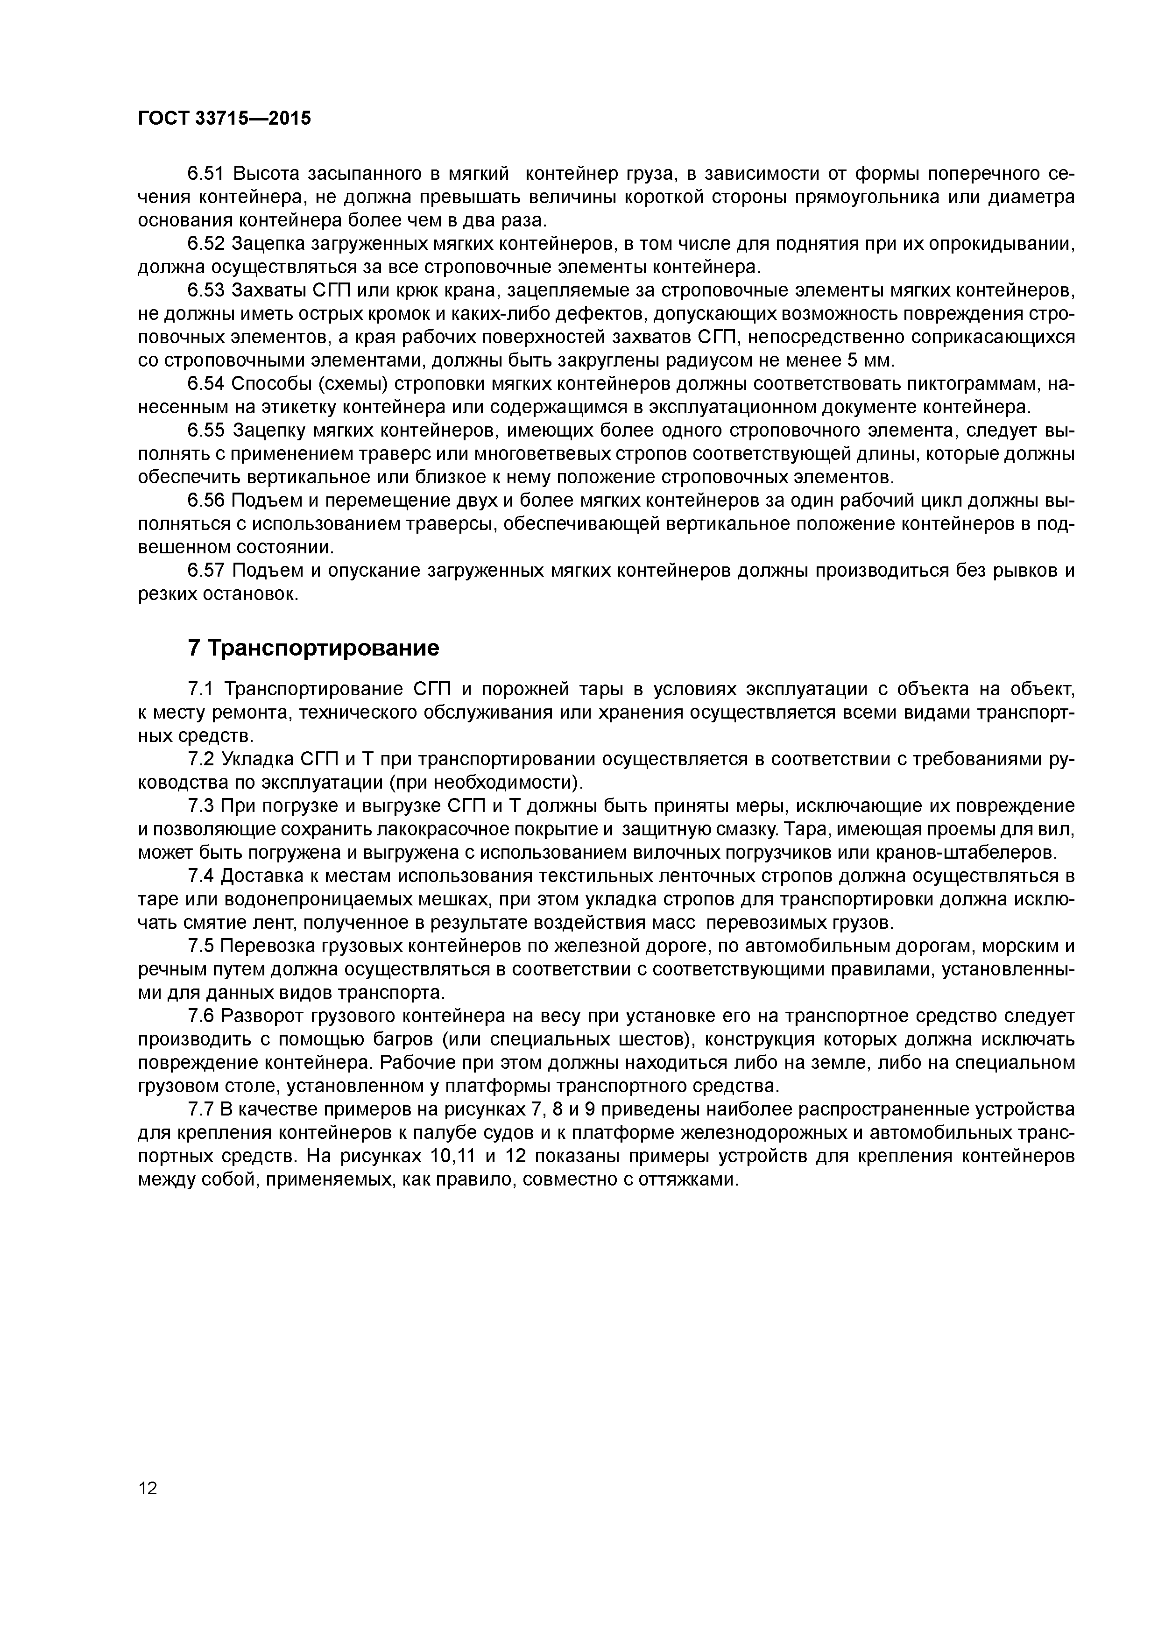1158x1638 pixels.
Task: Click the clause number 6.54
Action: [206, 384]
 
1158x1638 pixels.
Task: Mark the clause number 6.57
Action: [206, 571]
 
